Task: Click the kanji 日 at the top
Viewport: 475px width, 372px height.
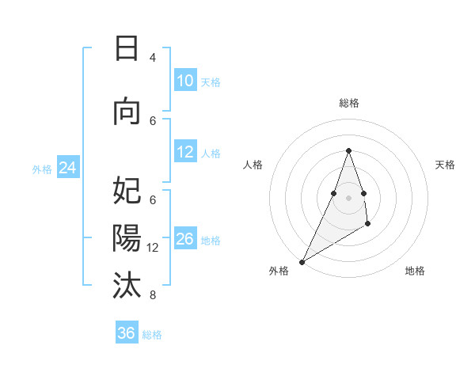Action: pyautogui.click(x=127, y=48)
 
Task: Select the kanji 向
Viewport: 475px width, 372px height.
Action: pyautogui.click(x=127, y=112)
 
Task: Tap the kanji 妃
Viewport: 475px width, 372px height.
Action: pyautogui.click(x=127, y=191)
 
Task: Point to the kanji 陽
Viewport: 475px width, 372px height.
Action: pyautogui.click(x=127, y=238)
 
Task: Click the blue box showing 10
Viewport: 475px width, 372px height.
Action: pyautogui.click(x=184, y=81)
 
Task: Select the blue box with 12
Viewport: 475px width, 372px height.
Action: pyautogui.click(x=184, y=152)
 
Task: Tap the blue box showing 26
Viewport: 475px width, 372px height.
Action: pyautogui.click(x=184, y=239)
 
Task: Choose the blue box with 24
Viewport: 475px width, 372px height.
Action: pyautogui.click(x=67, y=168)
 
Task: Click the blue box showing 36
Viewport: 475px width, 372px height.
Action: pyautogui.click(x=127, y=333)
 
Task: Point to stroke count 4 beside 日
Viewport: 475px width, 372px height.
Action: pyautogui.click(x=153, y=57)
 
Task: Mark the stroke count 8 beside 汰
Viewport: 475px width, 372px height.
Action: pyautogui.click(x=153, y=295)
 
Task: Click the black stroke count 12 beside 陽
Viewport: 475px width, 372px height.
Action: pyautogui.click(x=153, y=248)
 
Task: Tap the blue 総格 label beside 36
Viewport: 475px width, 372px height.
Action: pyautogui.click(x=152, y=335)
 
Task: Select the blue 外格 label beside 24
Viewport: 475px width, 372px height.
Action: pyautogui.click(x=42, y=169)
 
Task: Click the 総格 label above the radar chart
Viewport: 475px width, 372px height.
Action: pyautogui.click(x=348, y=103)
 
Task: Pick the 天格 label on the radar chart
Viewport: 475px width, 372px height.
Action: pyautogui.click(x=446, y=165)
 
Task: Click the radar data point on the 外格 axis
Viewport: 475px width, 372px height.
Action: pyautogui.click(x=302, y=261)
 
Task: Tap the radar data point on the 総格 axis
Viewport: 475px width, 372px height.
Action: pyautogui.click(x=348, y=150)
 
